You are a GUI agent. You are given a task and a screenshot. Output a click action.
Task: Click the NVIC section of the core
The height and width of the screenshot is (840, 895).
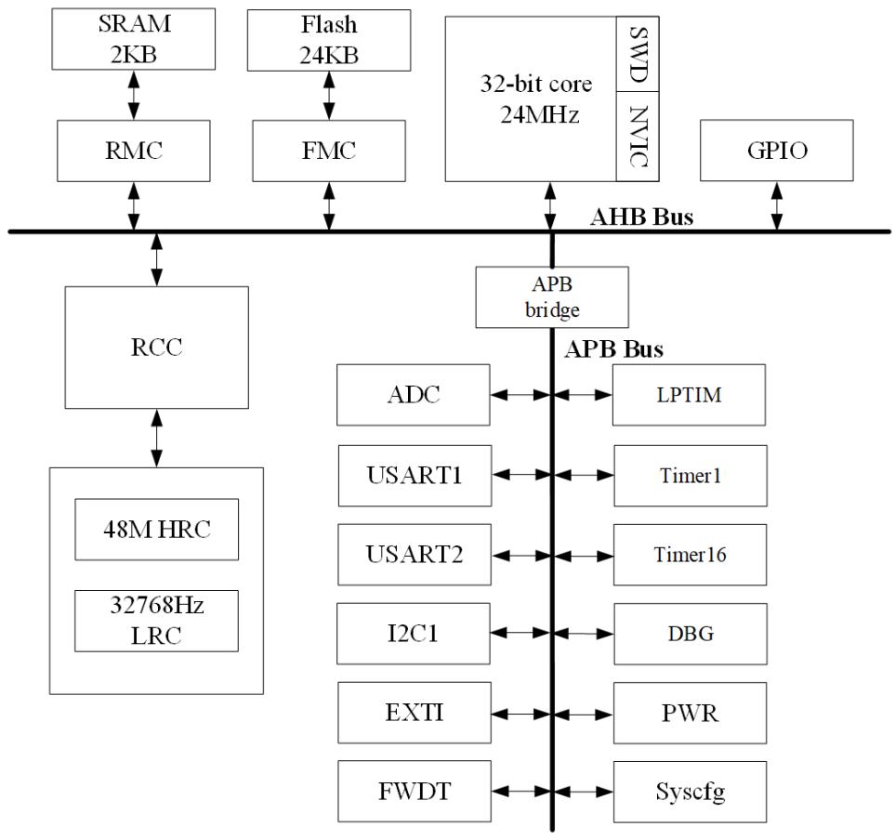click(x=638, y=136)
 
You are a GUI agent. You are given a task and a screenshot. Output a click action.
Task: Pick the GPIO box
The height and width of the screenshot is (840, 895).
click(x=775, y=151)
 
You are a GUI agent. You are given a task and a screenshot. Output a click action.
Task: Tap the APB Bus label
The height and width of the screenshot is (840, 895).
click(x=613, y=351)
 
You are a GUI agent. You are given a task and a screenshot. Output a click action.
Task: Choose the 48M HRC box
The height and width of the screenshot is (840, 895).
click(x=156, y=530)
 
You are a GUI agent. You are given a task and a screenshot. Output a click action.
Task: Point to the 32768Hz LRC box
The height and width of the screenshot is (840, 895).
click(x=156, y=622)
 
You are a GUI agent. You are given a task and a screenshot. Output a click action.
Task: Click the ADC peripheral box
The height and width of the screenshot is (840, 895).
click(x=414, y=394)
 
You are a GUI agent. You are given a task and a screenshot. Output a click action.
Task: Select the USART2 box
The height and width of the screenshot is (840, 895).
click(x=414, y=555)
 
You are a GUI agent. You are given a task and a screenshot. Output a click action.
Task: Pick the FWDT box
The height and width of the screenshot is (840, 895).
click(x=414, y=792)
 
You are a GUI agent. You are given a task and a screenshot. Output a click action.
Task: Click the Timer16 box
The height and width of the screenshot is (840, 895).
click(x=690, y=555)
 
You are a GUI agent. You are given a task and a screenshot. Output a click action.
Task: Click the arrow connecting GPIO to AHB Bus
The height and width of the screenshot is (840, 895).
click(x=776, y=205)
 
